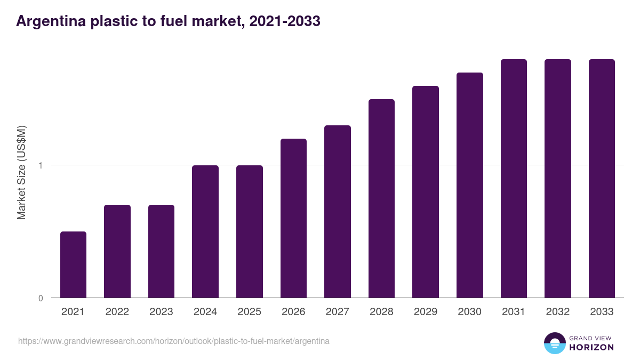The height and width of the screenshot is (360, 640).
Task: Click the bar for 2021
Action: pos(73,265)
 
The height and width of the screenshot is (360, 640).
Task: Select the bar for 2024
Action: pos(205,231)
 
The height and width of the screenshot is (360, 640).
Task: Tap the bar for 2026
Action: pos(293,218)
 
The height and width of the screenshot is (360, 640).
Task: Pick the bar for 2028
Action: pos(381,198)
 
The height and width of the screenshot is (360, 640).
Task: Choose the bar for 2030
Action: pos(470,185)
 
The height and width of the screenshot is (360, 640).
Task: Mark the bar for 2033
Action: pos(602,179)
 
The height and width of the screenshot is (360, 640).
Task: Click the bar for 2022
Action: pos(117,251)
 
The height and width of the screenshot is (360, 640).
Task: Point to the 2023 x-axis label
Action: pos(161,312)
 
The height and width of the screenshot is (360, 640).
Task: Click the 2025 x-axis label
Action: pos(249,312)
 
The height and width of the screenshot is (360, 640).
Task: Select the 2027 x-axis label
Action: pos(338,312)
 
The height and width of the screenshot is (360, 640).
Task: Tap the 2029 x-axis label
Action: pos(426,312)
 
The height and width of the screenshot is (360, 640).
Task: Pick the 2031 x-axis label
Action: pos(514,312)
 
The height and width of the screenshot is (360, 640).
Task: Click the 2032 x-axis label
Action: pos(558,312)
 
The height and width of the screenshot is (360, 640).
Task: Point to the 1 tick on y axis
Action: pos(41,165)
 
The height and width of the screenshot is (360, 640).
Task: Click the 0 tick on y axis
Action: pos(41,298)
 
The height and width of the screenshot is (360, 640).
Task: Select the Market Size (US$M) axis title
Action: pos(21,172)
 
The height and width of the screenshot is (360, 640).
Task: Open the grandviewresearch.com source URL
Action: pos(174,341)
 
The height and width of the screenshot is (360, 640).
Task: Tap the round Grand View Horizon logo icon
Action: pos(554,343)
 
